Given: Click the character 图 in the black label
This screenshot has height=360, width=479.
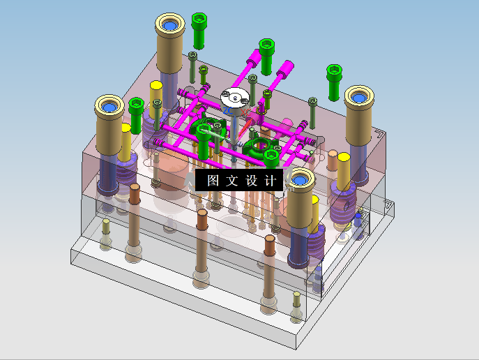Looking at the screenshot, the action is tap(213, 181).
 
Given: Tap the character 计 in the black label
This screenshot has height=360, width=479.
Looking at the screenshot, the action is tap(270, 181).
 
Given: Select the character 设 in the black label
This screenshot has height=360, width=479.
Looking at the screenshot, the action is tap(251, 181).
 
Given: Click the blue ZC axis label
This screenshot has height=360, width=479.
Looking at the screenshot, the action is tap(228, 110).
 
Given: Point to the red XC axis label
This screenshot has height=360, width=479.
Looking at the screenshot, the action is tap(246, 112).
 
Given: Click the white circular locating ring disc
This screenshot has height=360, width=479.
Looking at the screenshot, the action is tap(235, 98).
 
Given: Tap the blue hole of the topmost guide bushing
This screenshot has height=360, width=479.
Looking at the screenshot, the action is tap(170, 25).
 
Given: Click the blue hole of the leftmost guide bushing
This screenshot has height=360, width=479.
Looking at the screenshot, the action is tap(109, 107).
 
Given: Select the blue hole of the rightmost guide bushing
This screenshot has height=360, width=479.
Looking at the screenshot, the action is tap(359, 98).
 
